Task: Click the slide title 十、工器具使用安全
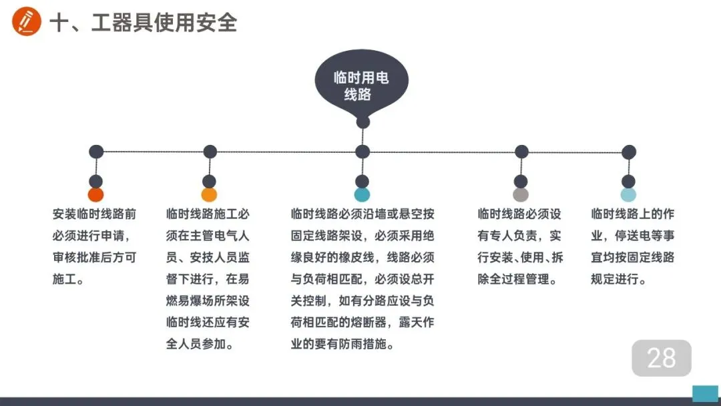pyautogui.click(x=144, y=23)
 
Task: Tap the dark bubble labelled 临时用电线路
pyautogui.click(x=361, y=86)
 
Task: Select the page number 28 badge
pyautogui.click(x=662, y=358)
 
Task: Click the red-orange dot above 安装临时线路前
pyautogui.click(x=96, y=195)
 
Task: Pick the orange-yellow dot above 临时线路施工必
pyautogui.click(x=209, y=195)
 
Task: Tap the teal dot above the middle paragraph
pyautogui.click(x=362, y=195)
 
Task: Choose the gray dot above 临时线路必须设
pyautogui.click(x=521, y=195)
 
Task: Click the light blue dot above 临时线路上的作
pyautogui.click(x=628, y=195)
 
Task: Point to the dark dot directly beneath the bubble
pyautogui.click(x=363, y=122)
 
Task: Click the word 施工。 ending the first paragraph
pyautogui.click(x=69, y=279)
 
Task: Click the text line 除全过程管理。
pyautogui.click(x=517, y=279)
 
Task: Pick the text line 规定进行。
pyautogui.click(x=619, y=279)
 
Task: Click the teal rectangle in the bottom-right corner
pyautogui.click(x=705, y=393)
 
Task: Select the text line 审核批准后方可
pyautogui.click(x=94, y=258)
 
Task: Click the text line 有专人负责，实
pyautogui.click(x=519, y=236)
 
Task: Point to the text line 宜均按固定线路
pyautogui.click(x=633, y=258)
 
